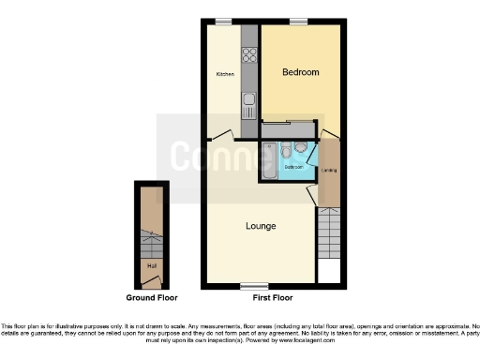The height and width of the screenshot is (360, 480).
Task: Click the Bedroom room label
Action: [300, 72]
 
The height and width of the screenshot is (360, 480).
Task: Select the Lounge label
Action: [261, 226]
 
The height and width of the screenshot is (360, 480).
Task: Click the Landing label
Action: [330, 171]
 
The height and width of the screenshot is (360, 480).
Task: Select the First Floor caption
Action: [273, 297]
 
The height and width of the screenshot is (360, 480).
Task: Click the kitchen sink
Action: [250, 100]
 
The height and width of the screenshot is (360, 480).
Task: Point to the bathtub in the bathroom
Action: [269, 161]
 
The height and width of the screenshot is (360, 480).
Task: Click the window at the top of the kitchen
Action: [224, 21]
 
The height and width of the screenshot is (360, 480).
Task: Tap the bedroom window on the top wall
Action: [299, 21]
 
